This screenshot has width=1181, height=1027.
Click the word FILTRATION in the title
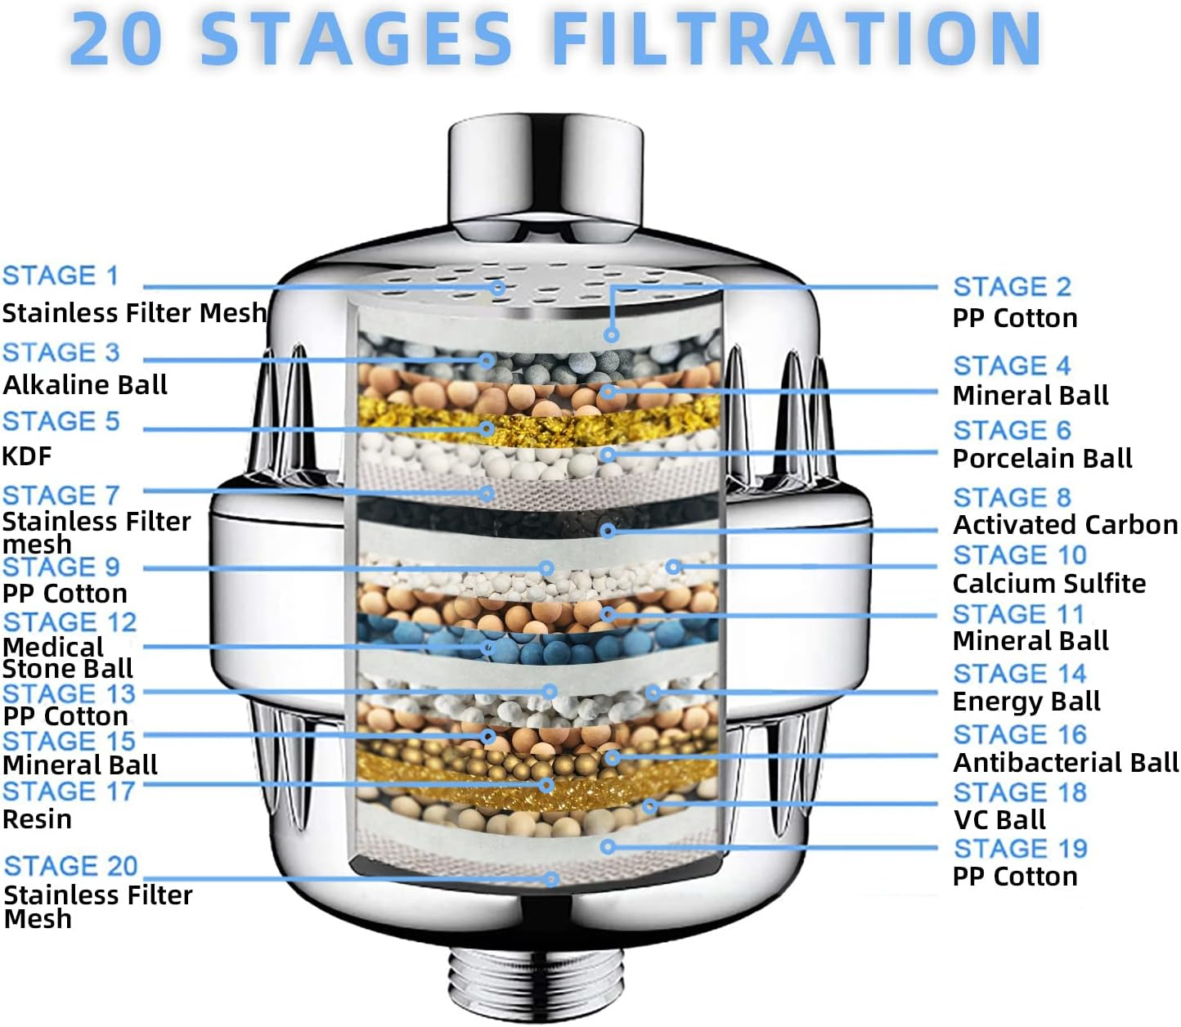point(797,38)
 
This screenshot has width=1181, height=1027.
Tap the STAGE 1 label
point(61,276)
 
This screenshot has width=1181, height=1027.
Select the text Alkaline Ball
point(85,384)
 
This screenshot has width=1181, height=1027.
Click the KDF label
point(27,455)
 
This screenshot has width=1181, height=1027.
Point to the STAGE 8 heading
point(1012,497)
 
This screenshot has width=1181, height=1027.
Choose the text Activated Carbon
point(1065,525)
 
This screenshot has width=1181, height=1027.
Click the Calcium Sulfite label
point(1049,584)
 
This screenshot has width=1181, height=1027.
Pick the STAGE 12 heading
point(70,621)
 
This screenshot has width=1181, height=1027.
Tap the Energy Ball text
point(1026,702)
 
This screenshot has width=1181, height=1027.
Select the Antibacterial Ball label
point(1066,763)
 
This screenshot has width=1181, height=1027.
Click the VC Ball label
point(999,819)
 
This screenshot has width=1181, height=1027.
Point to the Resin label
point(37,819)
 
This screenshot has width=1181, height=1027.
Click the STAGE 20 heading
point(71,866)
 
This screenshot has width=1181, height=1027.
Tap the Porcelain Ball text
point(1042,459)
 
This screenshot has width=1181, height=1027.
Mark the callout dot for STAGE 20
point(552,879)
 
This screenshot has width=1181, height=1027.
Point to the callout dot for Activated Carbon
point(608,531)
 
